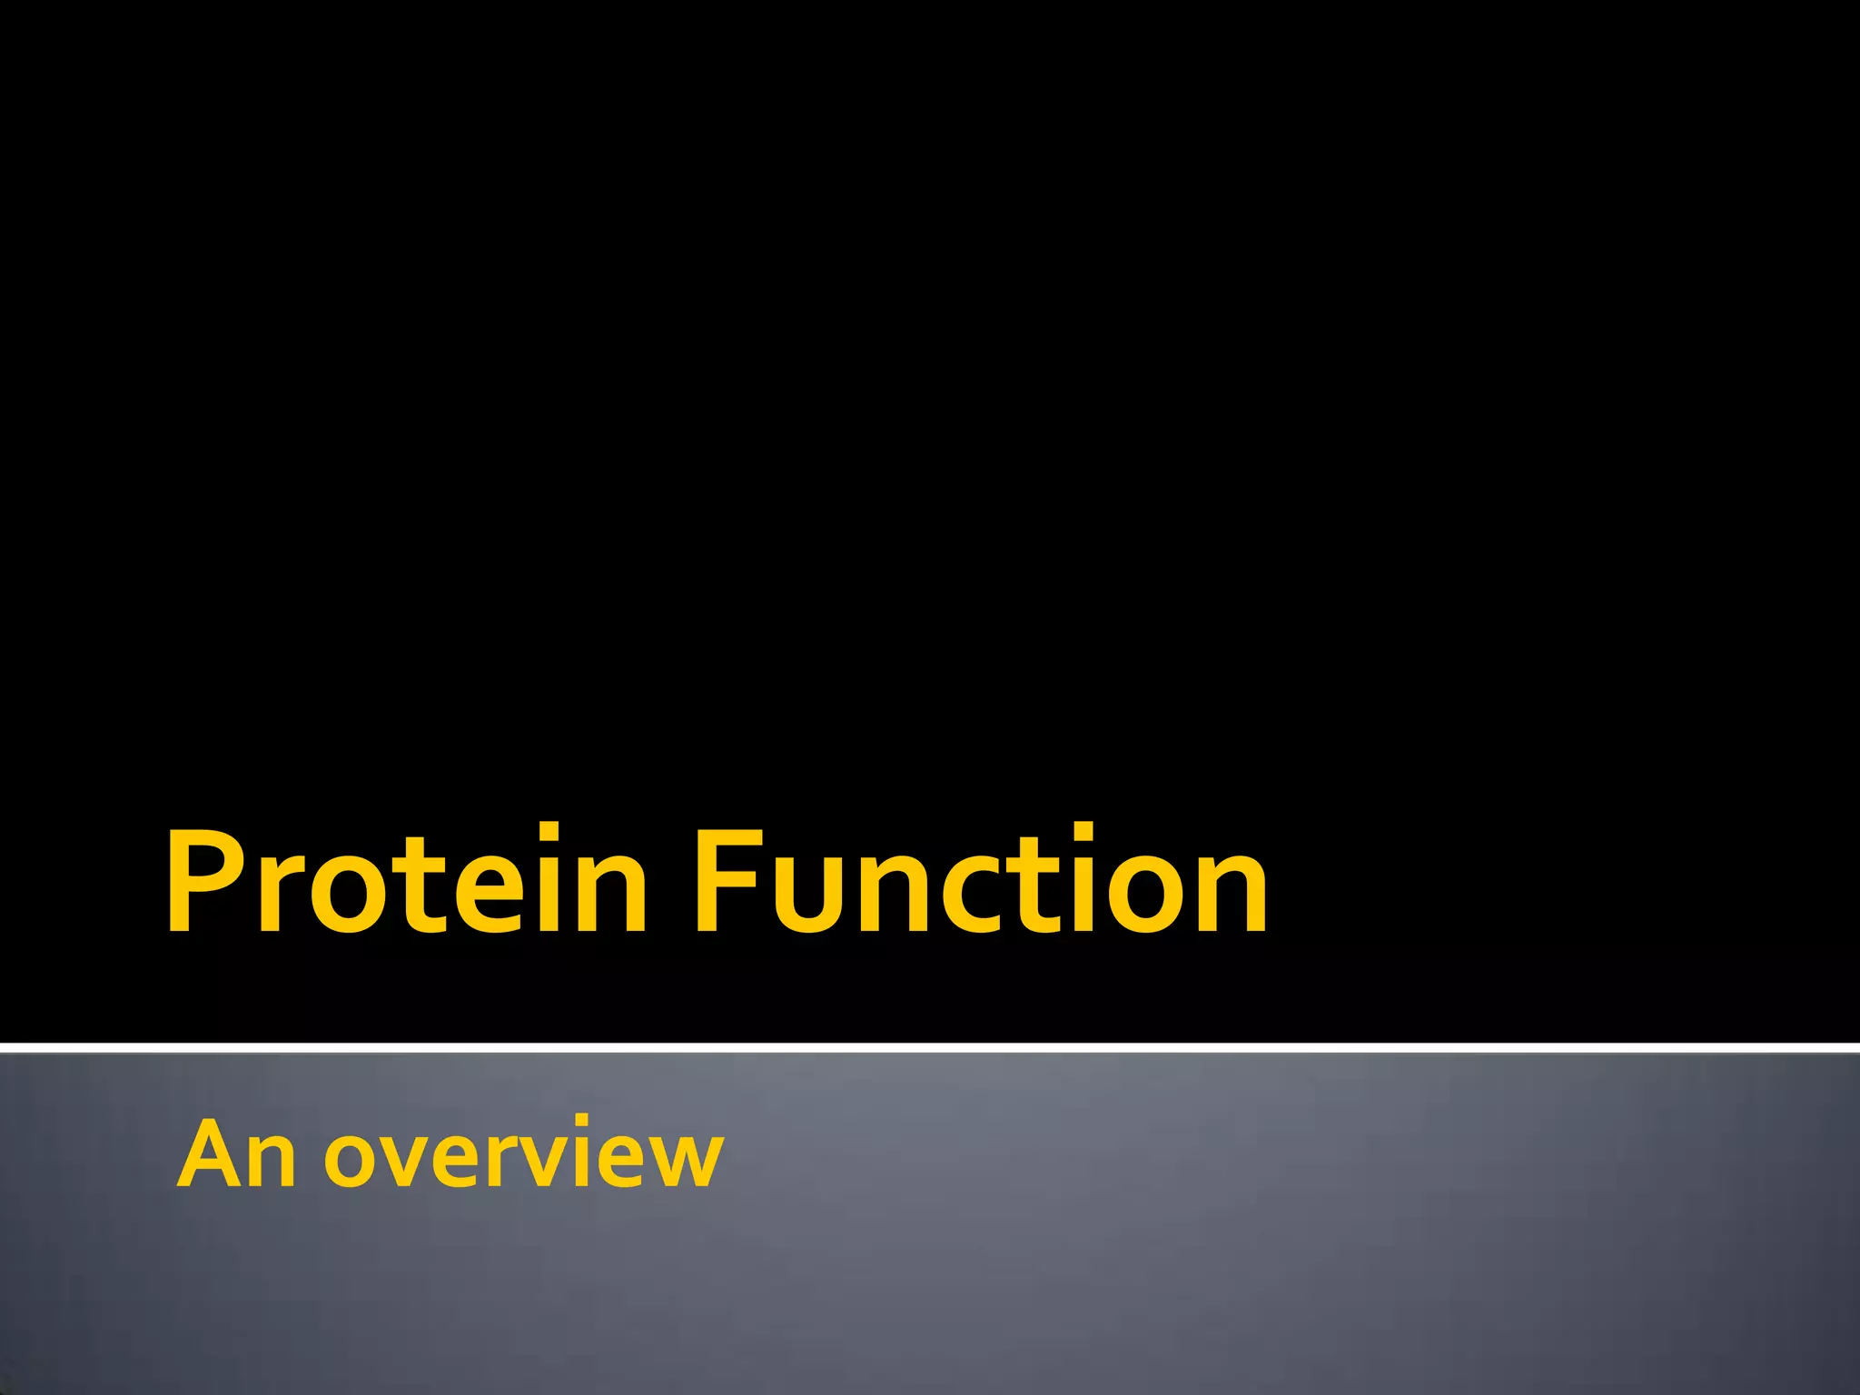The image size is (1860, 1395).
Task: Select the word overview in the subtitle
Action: click(524, 1155)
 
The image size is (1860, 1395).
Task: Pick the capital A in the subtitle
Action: click(213, 1153)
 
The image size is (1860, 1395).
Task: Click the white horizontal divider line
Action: click(930, 1048)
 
